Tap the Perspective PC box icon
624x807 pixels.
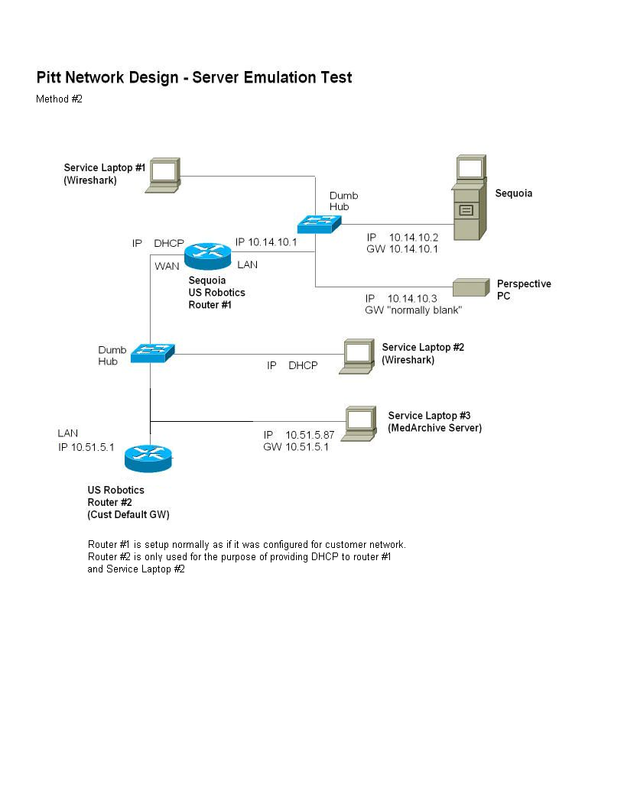(x=470, y=287)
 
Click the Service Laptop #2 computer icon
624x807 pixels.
(x=357, y=357)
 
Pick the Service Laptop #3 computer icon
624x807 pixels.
(x=359, y=423)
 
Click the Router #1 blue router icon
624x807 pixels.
(x=207, y=255)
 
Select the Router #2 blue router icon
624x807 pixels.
(x=150, y=456)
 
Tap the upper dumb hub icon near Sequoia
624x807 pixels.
(x=319, y=222)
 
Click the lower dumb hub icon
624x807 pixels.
(x=152, y=352)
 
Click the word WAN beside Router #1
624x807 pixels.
(x=167, y=267)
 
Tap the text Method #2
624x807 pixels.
(x=59, y=99)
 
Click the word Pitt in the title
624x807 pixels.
(x=50, y=77)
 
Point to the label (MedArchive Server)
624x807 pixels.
(x=434, y=428)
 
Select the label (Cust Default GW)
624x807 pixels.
(x=128, y=514)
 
